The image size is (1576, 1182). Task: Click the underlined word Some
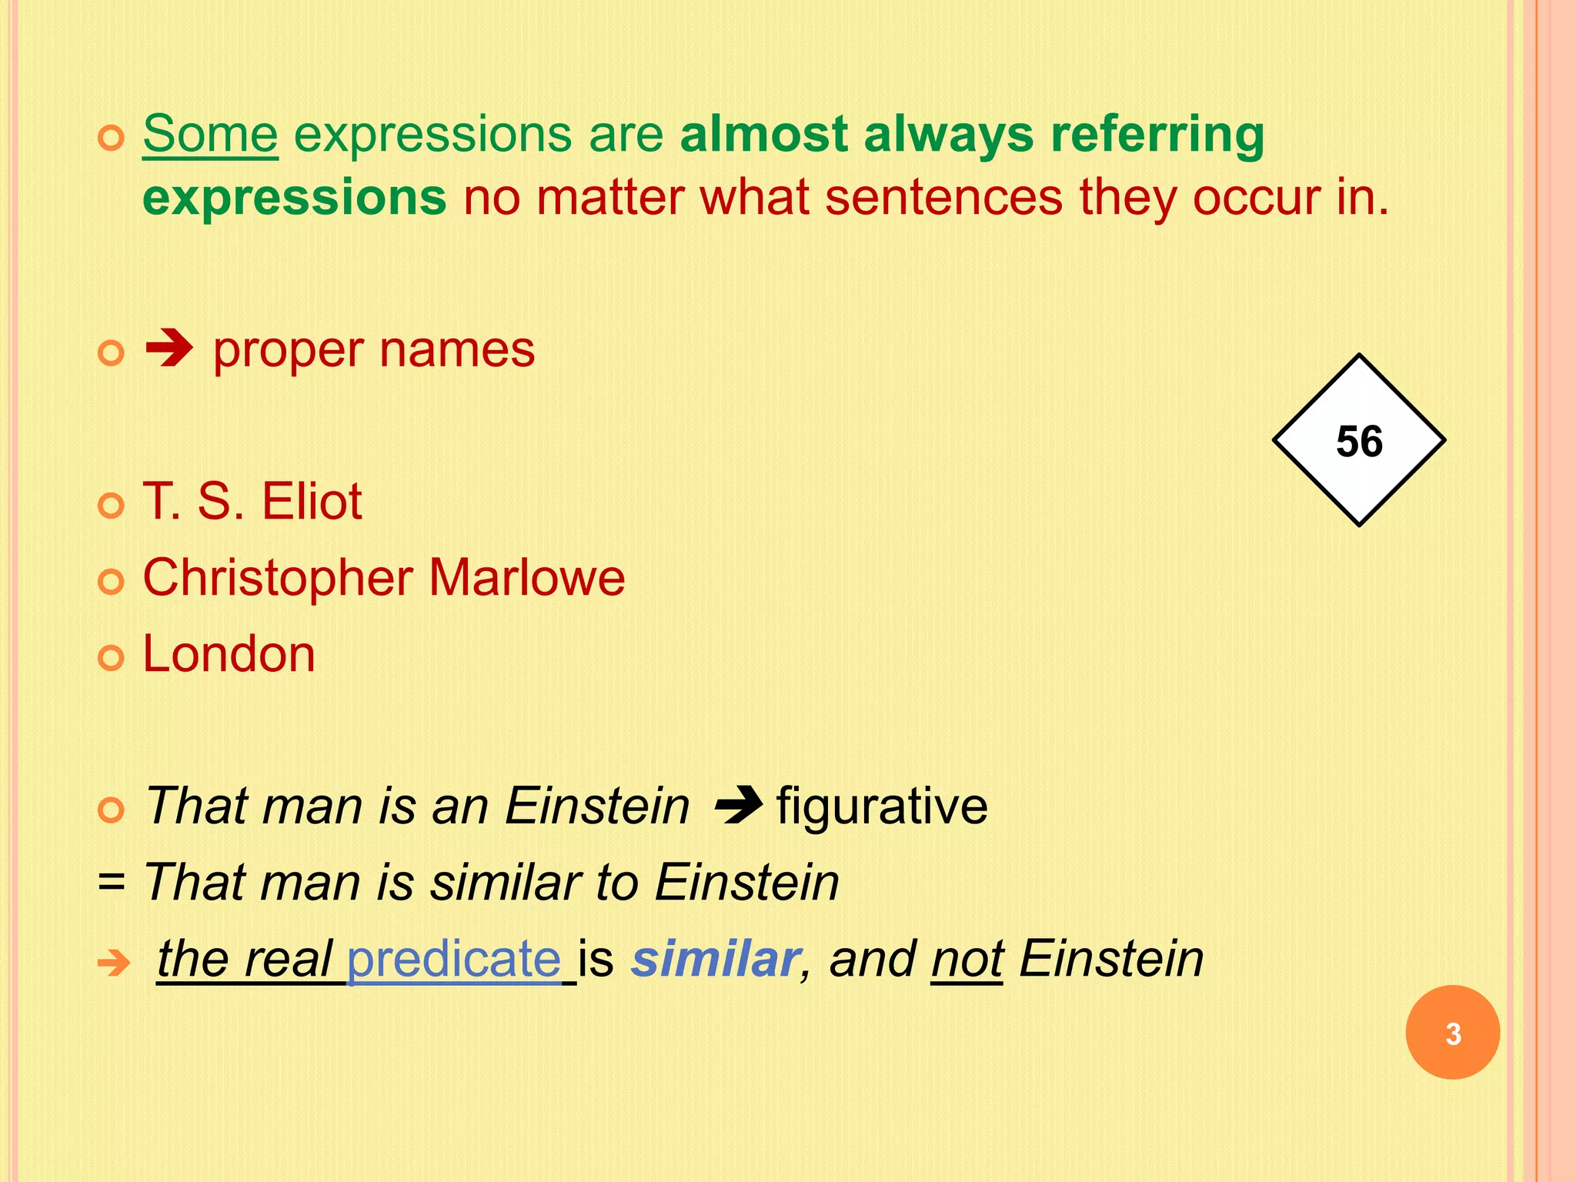pos(210,134)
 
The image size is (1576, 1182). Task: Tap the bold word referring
pos(1157,135)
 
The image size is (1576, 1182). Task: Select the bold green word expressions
pos(294,197)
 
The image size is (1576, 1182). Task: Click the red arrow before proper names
pos(169,350)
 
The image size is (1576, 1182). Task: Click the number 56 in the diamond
pos(1359,442)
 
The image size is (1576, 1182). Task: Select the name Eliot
pos(311,501)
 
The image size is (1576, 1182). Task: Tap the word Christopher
pos(277,579)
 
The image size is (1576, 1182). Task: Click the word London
pos(229,654)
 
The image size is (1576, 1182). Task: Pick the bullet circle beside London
pos(112,658)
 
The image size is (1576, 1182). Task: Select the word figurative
pos(882,806)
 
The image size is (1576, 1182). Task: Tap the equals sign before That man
pos(112,883)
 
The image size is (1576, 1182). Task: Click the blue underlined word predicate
pos(454,960)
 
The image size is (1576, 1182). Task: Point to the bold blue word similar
pos(715,960)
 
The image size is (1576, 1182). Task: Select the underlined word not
pos(967,960)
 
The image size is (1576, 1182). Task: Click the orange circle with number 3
pos(1452,1033)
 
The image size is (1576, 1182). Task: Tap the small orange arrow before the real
pos(114,962)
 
